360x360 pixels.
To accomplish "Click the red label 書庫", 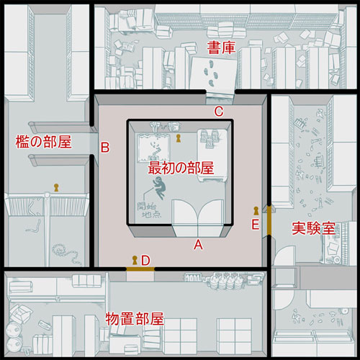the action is click(221, 48).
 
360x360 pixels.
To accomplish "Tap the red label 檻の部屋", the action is click(43, 142).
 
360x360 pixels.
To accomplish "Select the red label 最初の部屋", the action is click(181, 168).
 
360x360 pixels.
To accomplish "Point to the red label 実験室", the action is click(313, 228).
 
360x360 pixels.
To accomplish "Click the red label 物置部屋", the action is click(135, 318).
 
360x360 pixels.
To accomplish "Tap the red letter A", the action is click(198, 245).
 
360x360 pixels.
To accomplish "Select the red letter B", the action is click(105, 148).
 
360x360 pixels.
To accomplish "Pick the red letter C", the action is click(219, 112).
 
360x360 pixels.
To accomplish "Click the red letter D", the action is click(145, 261).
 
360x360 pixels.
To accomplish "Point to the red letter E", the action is click(256, 225).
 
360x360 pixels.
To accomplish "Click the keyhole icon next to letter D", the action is click(135, 260).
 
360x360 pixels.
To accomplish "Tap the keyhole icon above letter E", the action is click(256, 211).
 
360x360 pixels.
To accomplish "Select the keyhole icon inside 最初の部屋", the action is click(179, 138).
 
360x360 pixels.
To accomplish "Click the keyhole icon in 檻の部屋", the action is click(56, 187).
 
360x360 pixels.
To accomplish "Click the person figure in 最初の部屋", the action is click(159, 188).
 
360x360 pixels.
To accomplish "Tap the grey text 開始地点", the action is click(148, 210).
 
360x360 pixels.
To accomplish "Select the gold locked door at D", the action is click(140, 269).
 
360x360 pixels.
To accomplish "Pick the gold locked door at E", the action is click(269, 221).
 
